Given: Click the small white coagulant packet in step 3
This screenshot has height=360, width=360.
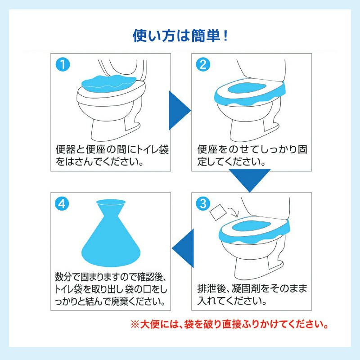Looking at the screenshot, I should [x=219, y=212].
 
